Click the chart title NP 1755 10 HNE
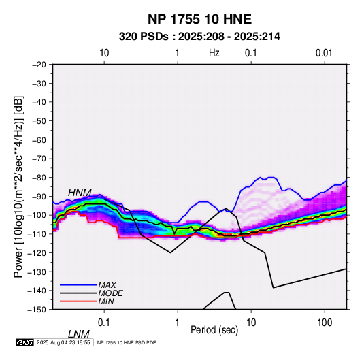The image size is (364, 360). [199, 19]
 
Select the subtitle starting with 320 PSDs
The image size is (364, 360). [199, 37]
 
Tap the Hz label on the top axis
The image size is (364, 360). [214, 53]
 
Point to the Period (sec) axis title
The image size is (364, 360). [214, 330]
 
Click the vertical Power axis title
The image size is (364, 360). [18, 186]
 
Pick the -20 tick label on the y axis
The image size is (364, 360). [39, 65]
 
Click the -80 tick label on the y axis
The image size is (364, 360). [39, 178]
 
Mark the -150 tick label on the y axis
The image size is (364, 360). [37, 310]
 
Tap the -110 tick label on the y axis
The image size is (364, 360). [37, 234]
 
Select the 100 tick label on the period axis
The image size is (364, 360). [325, 323]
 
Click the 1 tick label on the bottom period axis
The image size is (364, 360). [178, 323]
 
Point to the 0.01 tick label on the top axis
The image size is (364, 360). [324, 53]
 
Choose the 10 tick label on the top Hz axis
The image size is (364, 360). [104, 53]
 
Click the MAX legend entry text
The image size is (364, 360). [107, 285]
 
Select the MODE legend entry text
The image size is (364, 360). [111, 293]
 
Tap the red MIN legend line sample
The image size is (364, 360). [78, 301]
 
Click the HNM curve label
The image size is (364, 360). [80, 193]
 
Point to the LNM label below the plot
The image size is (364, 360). [79, 334]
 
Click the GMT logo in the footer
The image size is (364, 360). [24, 342]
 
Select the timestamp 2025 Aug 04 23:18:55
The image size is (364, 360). [63, 342]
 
